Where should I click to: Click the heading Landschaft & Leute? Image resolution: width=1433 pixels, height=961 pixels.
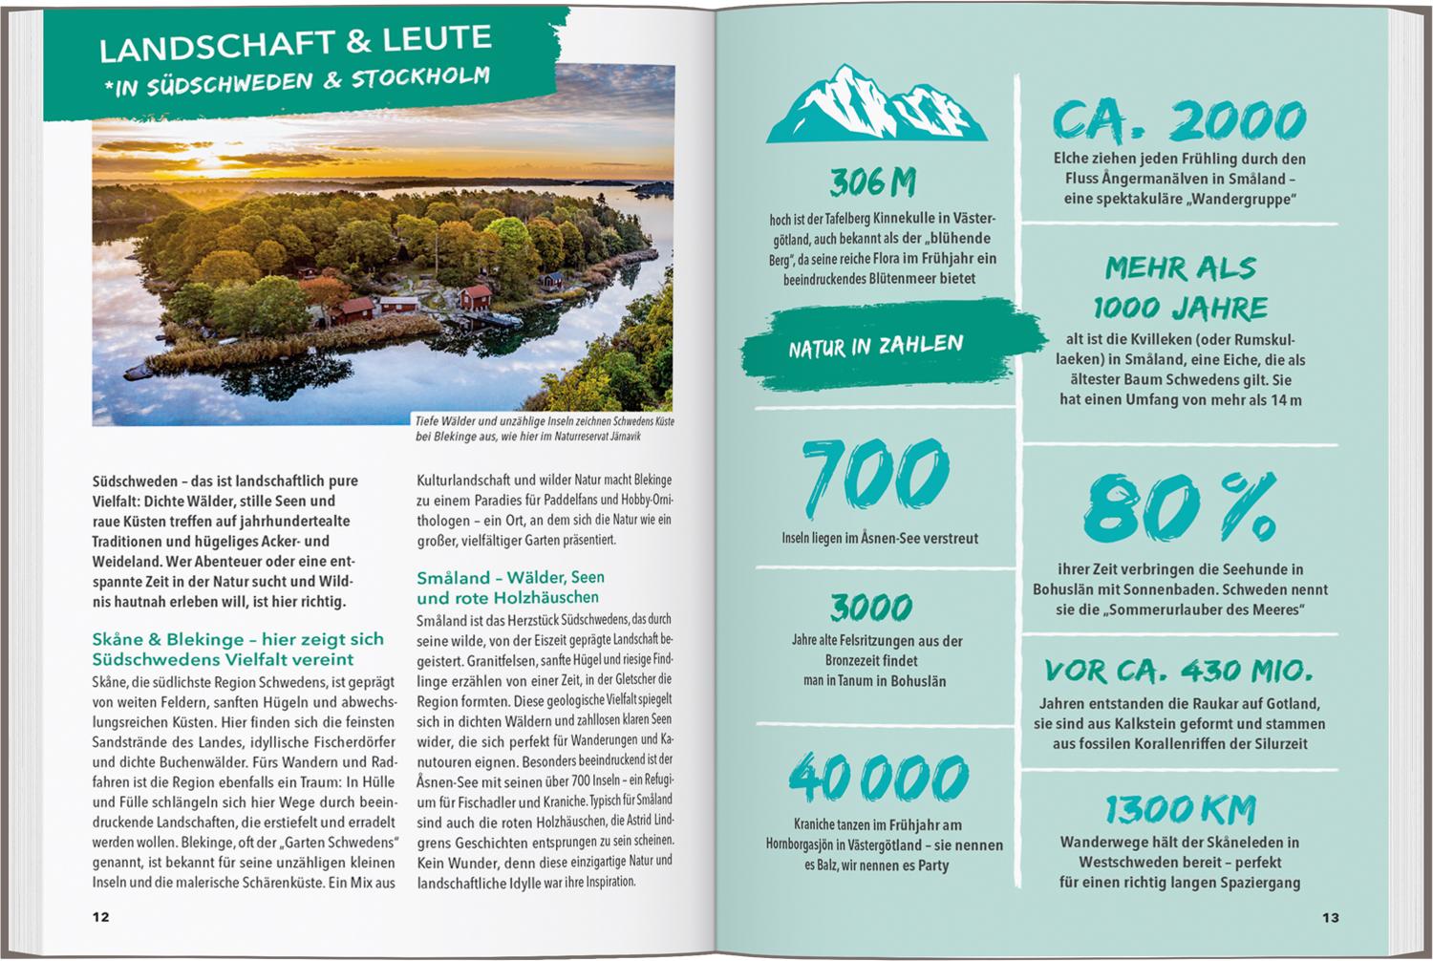coord(295,43)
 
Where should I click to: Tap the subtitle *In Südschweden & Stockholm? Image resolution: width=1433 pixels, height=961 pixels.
coord(299,80)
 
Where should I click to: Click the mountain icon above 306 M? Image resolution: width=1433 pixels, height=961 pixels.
coord(876,103)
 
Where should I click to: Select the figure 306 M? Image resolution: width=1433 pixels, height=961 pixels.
coord(873,181)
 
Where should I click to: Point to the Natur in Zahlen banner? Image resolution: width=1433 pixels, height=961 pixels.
coord(876,345)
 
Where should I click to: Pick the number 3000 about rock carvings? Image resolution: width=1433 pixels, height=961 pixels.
coord(871,606)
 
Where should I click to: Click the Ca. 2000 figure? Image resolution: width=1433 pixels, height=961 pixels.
coord(1179,121)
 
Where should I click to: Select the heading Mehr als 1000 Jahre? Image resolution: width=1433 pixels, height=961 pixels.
coord(1181,288)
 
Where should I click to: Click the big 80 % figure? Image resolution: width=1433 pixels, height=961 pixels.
coord(1180,507)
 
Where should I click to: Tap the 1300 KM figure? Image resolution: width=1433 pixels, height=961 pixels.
coord(1180,810)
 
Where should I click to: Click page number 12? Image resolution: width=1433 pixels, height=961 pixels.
coord(100,917)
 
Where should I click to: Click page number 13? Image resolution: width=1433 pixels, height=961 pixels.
coord(1331,917)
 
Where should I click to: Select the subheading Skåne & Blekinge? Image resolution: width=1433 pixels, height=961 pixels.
coord(238,649)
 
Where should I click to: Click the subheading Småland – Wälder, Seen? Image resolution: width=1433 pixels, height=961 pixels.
coord(510,587)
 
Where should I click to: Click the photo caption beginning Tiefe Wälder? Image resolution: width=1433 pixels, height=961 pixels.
coord(545,428)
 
